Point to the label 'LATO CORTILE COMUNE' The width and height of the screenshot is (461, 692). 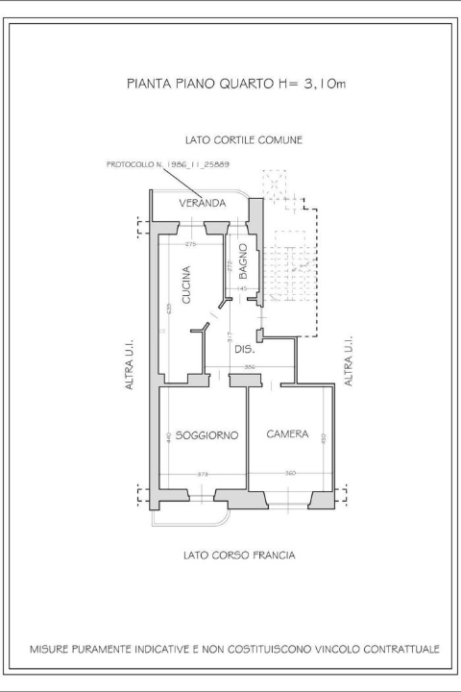244,139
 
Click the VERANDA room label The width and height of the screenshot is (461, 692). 202,204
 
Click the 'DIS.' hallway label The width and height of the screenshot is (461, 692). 244,350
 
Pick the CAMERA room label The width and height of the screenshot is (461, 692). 287,434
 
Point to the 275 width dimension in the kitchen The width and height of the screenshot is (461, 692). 190,245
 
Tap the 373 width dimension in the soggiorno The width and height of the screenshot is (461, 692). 203,474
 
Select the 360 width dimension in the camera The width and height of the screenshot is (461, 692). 290,474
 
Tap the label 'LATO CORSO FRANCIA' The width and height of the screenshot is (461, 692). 238,556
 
